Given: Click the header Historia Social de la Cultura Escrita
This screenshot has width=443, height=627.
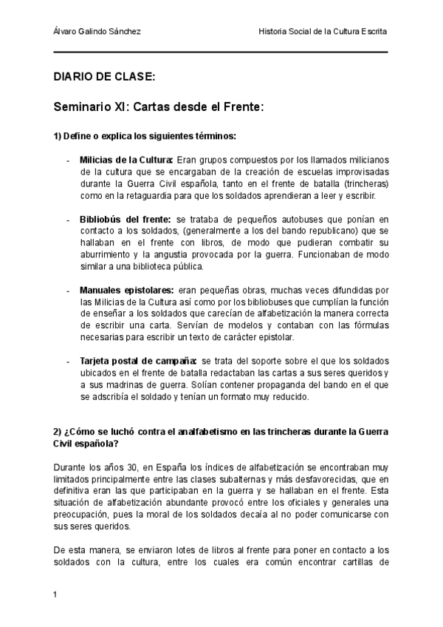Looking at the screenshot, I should tap(323, 32).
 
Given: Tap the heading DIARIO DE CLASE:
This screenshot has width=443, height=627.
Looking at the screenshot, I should tap(103, 76).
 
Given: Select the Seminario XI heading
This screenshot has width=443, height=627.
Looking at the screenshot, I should tap(158, 106).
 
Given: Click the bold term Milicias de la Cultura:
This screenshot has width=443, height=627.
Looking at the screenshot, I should tap(126, 159).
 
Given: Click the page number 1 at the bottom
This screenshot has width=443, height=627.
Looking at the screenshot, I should tap(56, 594).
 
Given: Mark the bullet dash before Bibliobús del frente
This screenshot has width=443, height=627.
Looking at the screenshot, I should tap(69, 220).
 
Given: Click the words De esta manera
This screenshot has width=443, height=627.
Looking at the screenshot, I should tap(84, 550).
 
